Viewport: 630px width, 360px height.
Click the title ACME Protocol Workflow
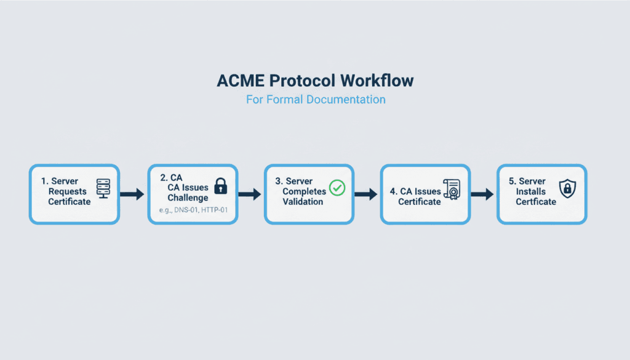point(315,81)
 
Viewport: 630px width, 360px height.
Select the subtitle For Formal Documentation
point(315,99)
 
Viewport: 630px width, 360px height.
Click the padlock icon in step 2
point(220,186)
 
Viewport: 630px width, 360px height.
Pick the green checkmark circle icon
point(337,188)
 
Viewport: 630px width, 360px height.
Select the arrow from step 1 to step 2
point(132,194)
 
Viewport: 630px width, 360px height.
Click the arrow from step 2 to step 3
point(249,194)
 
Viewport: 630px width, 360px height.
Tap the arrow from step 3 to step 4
point(366,194)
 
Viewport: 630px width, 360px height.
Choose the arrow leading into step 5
point(482,194)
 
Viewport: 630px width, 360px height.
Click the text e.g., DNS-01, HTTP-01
point(192,211)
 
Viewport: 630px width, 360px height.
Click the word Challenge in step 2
point(188,198)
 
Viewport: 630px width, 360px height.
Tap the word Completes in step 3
point(304,191)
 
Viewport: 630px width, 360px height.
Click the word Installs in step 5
point(531,191)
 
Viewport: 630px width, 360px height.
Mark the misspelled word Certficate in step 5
point(536,201)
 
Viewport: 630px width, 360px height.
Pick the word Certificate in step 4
point(420,201)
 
